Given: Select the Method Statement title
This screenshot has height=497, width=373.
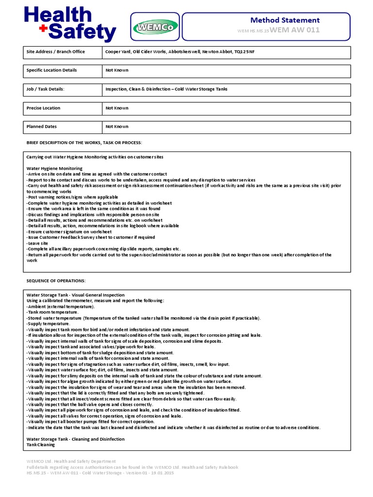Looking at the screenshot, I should (x=285, y=20).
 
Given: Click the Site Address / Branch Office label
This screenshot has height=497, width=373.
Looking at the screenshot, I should (x=55, y=51).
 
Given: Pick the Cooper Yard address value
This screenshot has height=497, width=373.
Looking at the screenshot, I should (x=180, y=51).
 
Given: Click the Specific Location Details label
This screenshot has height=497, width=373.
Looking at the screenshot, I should (x=51, y=70).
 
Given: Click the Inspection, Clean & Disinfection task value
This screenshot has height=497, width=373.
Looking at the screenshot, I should (x=166, y=89).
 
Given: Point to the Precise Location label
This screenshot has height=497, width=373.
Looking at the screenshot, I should (x=43, y=108).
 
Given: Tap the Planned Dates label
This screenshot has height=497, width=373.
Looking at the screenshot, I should (x=41, y=127).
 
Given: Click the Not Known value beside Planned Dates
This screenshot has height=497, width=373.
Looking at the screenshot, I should (x=117, y=127).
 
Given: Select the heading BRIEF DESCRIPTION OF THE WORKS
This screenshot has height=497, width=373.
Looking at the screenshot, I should (x=84, y=143).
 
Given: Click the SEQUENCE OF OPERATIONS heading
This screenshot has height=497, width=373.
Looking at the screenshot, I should (x=56, y=281).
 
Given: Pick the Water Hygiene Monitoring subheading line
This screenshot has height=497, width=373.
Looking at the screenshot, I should (x=54, y=168).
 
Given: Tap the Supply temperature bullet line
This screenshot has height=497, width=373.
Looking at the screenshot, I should (x=48, y=324).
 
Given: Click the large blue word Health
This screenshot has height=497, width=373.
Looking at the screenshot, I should (x=58, y=15).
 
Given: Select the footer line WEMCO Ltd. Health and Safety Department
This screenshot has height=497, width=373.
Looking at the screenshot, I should (x=71, y=462).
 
